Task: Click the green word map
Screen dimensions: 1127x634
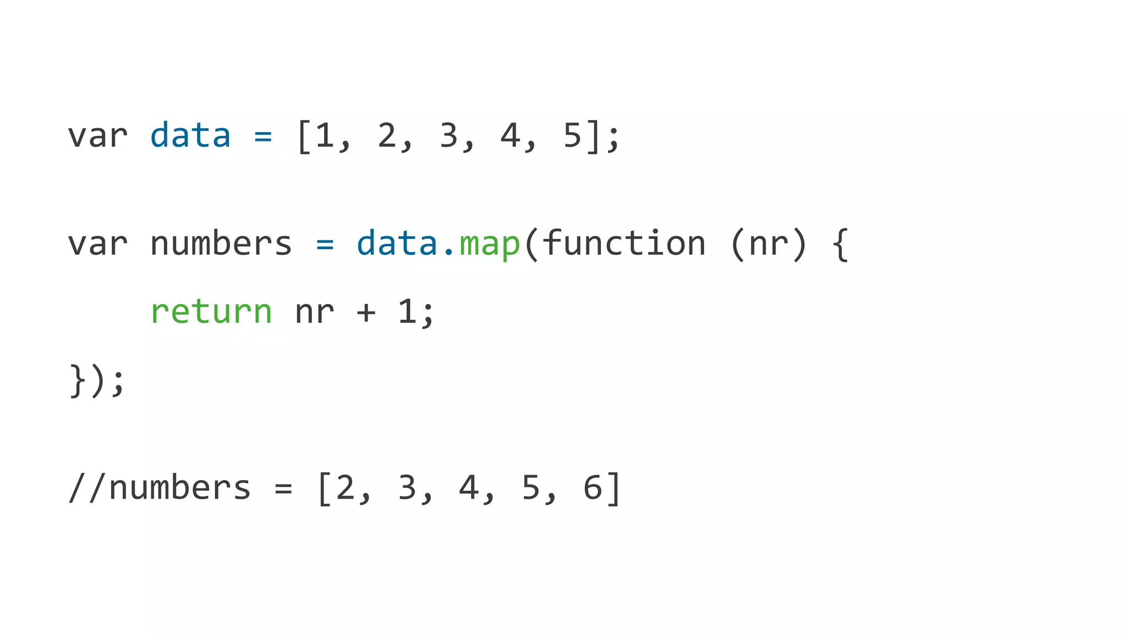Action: point(490,244)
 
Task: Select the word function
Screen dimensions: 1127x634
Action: point(624,243)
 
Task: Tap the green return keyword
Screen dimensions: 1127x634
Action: point(211,312)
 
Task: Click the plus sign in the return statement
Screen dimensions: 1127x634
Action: point(366,313)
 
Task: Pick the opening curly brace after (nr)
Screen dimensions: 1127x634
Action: point(840,244)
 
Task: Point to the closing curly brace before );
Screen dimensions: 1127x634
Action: point(78,381)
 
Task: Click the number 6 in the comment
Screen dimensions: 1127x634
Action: point(593,488)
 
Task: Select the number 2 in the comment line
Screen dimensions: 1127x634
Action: point(345,488)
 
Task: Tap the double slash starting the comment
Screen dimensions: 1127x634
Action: point(87,488)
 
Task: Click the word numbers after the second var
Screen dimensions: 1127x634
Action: point(221,243)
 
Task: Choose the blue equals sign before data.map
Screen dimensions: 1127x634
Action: point(325,244)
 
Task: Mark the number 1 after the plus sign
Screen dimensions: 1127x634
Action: point(407,311)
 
